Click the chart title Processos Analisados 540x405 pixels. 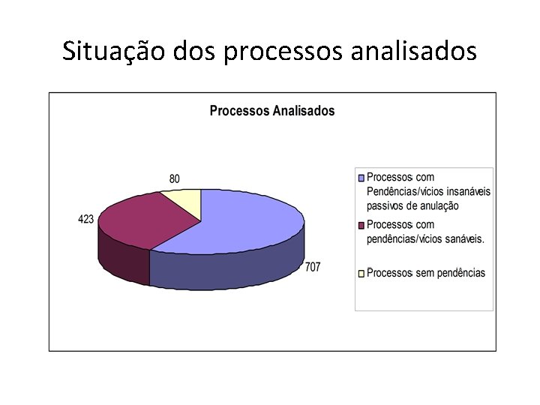[x=272, y=111]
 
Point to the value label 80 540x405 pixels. [x=175, y=178]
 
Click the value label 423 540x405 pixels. [x=85, y=219]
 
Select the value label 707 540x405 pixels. [x=313, y=267]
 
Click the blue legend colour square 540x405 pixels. [x=361, y=178]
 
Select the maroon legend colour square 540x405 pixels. [x=361, y=225]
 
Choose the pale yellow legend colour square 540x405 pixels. [x=361, y=273]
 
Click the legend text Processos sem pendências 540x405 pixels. [x=426, y=273]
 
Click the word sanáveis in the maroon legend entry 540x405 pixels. [x=464, y=239]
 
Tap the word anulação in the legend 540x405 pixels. [x=436, y=205]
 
